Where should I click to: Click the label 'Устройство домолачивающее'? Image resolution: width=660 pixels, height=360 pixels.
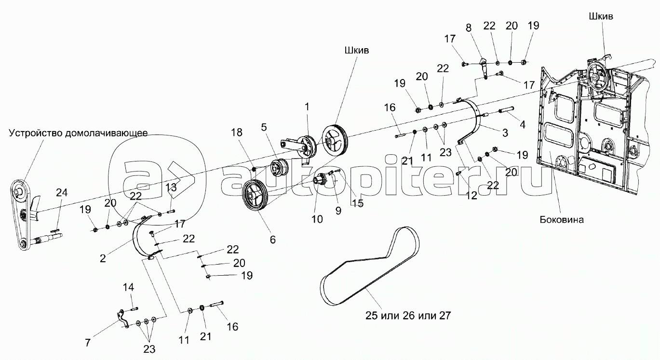pyautogui.click(x=79, y=133)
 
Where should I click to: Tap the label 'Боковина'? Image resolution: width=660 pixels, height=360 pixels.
pyautogui.click(x=562, y=219)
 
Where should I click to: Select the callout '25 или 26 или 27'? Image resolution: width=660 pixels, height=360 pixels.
pyautogui.click(x=408, y=316)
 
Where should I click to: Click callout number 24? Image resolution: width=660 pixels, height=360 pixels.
pyautogui.click(x=62, y=193)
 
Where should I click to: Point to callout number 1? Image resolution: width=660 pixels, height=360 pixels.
pyautogui.click(x=307, y=107)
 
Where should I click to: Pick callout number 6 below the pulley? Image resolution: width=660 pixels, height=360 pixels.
pyautogui.click(x=273, y=240)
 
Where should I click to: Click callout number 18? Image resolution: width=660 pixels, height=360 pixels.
pyautogui.click(x=237, y=133)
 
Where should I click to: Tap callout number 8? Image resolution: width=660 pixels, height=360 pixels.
pyautogui.click(x=469, y=28)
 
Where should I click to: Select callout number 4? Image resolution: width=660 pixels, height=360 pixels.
pyautogui.click(x=523, y=125)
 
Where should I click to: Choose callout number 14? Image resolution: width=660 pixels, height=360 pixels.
pyautogui.click(x=128, y=287)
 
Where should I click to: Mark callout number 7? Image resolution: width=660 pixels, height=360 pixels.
pyautogui.click(x=88, y=343)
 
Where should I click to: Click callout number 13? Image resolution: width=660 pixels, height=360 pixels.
pyautogui.click(x=171, y=187)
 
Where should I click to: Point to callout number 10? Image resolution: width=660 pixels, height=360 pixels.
pyautogui.click(x=317, y=219)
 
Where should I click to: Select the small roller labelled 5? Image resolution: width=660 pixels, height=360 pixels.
pyautogui.click(x=279, y=168)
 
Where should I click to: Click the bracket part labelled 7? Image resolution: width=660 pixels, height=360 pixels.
pyautogui.click(x=123, y=318)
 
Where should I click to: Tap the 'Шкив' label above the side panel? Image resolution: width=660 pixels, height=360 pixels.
pyautogui.click(x=601, y=16)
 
